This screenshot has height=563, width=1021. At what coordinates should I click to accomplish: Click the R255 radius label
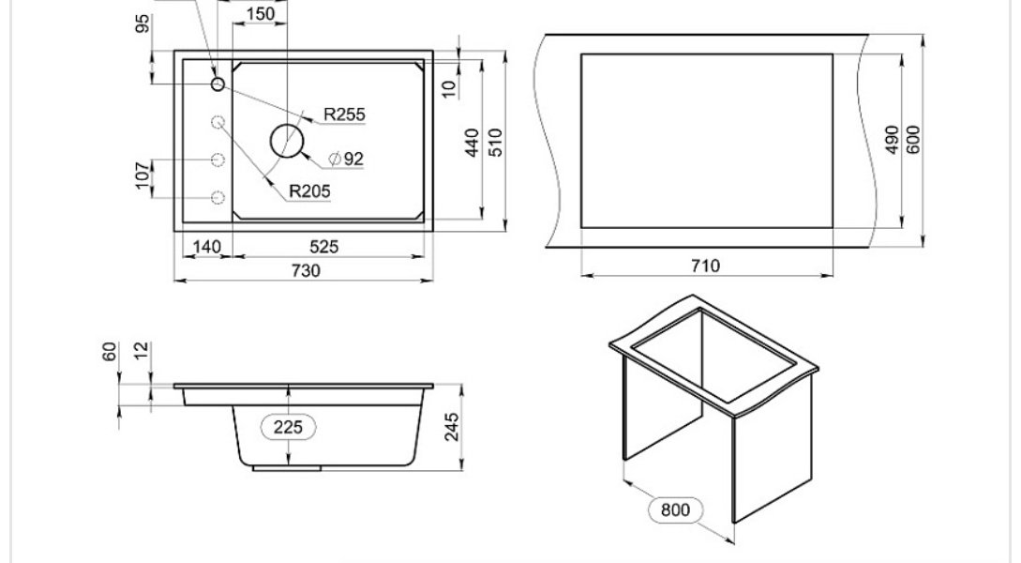coord(344,114)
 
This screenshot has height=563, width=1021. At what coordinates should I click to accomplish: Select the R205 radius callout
coord(309,190)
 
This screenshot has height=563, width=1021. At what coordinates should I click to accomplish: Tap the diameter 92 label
coord(346,159)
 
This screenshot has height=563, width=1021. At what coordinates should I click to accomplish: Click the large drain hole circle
coord(287,141)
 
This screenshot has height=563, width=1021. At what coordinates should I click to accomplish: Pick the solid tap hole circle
coord(218,84)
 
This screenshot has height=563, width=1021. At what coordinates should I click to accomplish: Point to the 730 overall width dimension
coord(306,270)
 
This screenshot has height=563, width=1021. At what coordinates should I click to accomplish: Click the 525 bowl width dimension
coord(323,246)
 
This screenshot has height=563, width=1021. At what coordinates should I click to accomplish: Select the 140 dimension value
coord(207,247)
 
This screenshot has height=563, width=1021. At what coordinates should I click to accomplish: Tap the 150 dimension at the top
coord(261,14)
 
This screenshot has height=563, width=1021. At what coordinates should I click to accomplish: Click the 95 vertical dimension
coord(143,23)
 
